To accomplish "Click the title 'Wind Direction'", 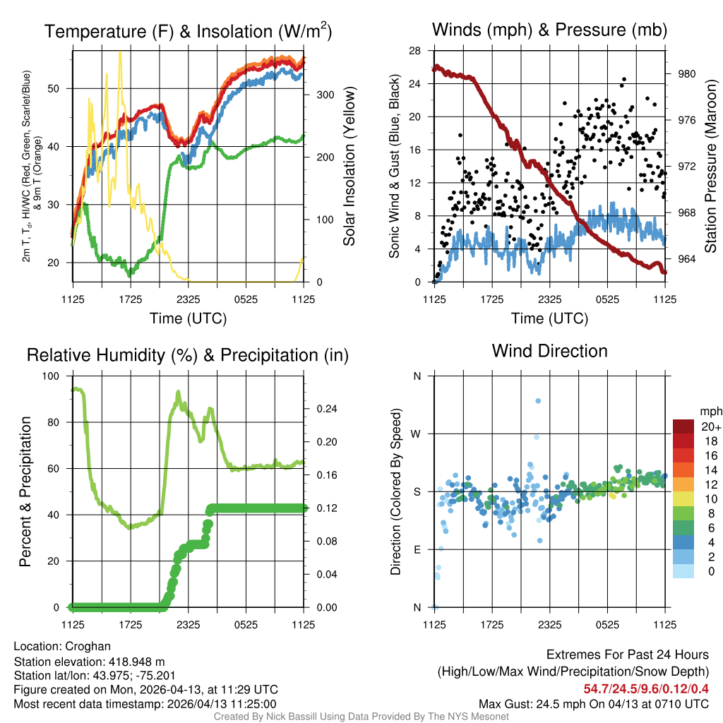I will click(549, 351).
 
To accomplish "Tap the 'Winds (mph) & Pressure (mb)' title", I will click(549, 30).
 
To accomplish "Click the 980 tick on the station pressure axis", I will click(686, 73).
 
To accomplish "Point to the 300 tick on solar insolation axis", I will click(316, 95).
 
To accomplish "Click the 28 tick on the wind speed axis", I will click(415, 51).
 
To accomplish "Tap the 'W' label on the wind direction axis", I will click(417, 434).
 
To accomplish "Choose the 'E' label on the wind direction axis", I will click(417, 549).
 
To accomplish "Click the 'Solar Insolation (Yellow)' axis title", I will click(349, 166).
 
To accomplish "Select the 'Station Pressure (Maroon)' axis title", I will click(711, 166).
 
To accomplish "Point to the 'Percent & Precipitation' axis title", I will click(25, 491).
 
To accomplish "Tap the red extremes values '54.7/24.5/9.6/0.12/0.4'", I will click(646, 688).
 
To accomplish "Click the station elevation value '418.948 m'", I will click(136, 662).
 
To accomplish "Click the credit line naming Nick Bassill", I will click(361, 717).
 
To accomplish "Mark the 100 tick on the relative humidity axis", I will click(52, 376).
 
